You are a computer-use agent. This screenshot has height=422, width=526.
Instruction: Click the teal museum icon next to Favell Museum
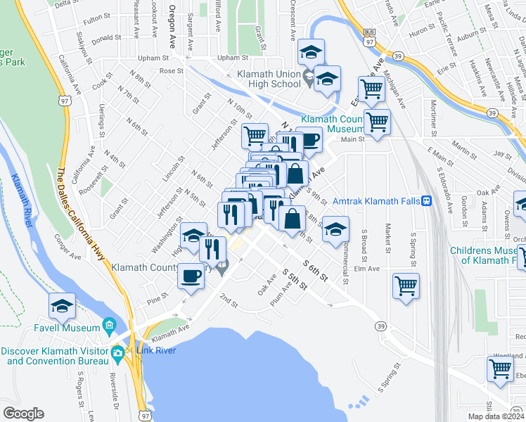pyautogui.click(x=110, y=326)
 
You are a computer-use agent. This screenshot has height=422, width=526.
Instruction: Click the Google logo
pyautogui.click(x=23, y=414)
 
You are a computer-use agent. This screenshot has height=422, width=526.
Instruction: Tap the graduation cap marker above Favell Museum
pyautogui.click(x=62, y=306)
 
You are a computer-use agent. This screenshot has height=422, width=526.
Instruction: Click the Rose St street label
pyautogui.click(x=171, y=70)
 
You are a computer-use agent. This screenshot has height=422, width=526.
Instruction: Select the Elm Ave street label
pyautogui.click(x=366, y=268)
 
